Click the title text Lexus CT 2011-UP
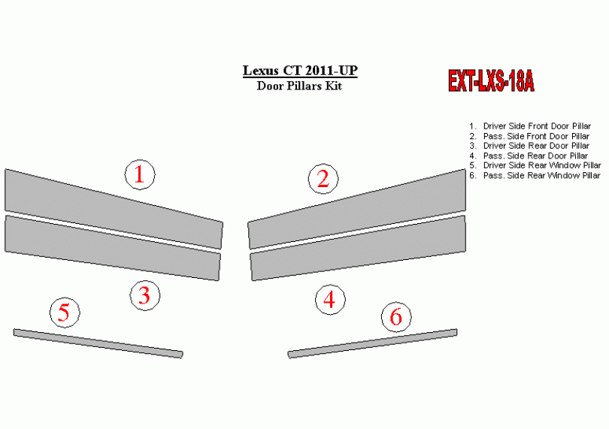(x=300, y=71)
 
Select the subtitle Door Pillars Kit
(x=299, y=86)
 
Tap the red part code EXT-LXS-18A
(x=491, y=80)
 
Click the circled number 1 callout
(x=140, y=175)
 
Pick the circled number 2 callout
(x=323, y=179)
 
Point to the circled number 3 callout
(x=145, y=295)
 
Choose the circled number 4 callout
(x=330, y=299)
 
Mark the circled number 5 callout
(x=65, y=312)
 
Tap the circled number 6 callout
(x=396, y=317)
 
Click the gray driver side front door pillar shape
(x=114, y=209)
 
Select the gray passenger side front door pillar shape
(x=357, y=209)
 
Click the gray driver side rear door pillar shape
(x=113, y=248)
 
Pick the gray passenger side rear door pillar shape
(x=358, y=248)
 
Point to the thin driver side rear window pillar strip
(x=98, y=343)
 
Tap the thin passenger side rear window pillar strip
(x=372, y=343)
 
